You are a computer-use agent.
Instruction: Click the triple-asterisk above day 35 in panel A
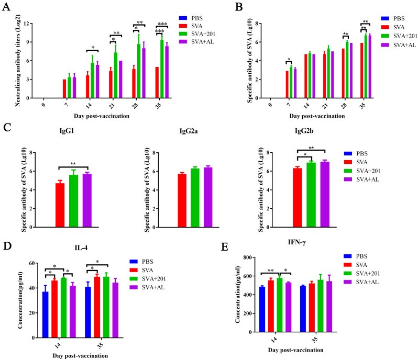coord(162,24)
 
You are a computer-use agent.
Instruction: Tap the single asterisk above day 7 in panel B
coord(288,60)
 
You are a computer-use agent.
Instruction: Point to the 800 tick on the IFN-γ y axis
coord(240,257)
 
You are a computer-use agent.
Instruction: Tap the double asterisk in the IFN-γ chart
coord(271,271)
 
